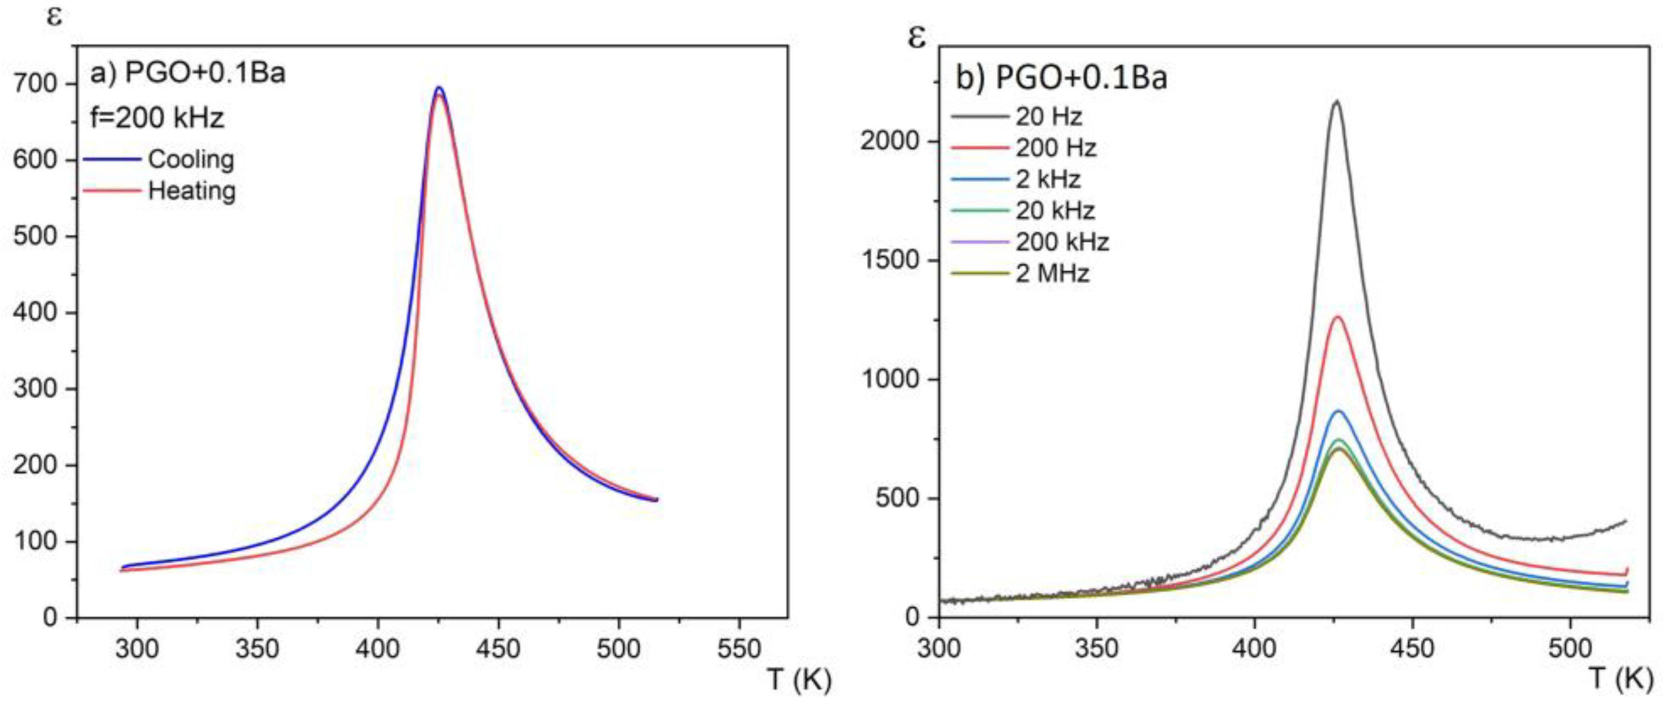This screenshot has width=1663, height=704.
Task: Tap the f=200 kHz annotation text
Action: [x=157, y=118]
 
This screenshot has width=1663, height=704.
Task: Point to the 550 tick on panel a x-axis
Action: [x=739, y=648]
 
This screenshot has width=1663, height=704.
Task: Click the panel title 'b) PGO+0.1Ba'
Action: [x=1061, y=79]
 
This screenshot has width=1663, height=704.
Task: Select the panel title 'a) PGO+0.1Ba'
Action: [x=187, y=73]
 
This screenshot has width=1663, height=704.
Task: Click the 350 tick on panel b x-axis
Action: [x=1097, y=648]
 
